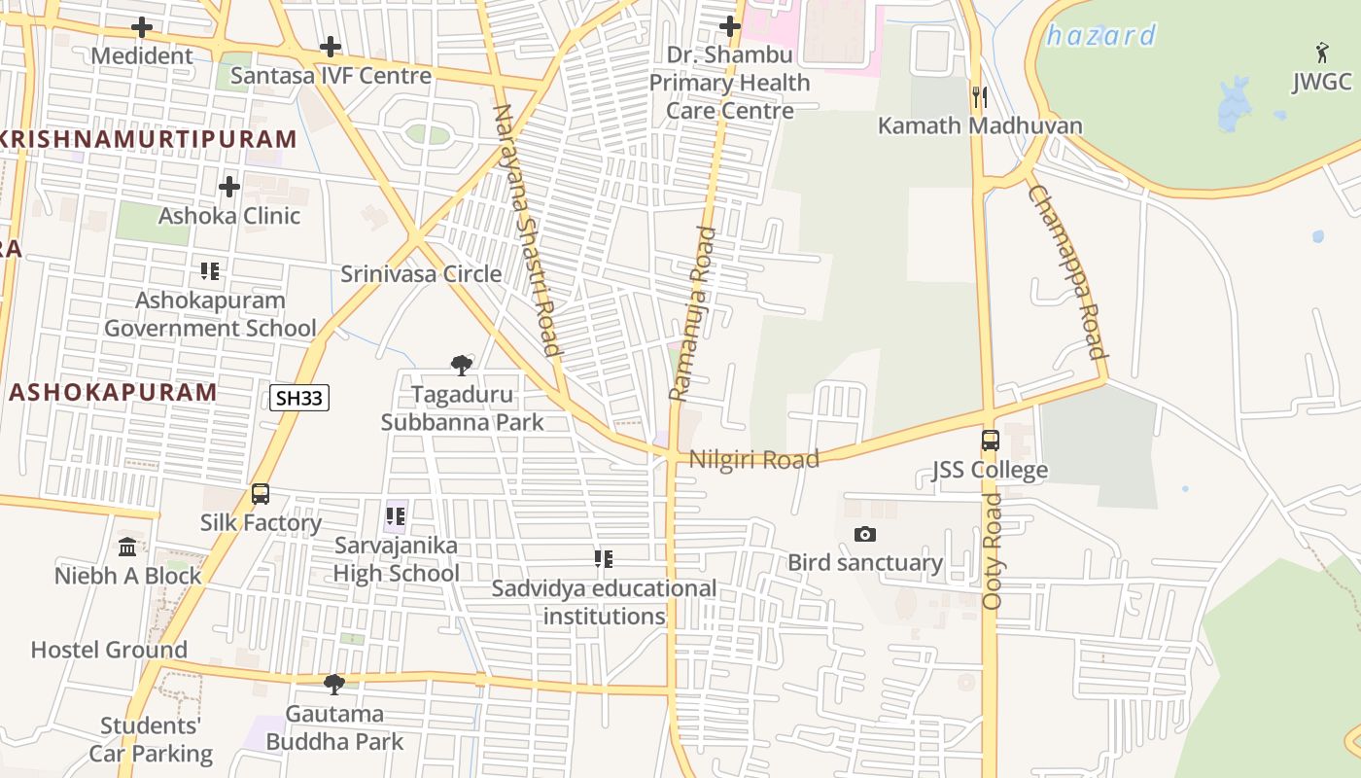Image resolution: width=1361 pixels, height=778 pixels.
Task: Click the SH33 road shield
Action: [x=299, y=397]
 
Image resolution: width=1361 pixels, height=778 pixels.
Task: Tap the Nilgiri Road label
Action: [x=753, y=459]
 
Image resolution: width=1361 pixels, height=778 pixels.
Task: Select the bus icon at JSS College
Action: [x=990, y=441]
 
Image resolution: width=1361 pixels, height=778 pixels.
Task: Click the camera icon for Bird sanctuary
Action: [x=864, y=534]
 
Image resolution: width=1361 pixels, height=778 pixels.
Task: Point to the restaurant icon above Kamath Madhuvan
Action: [x=980, y=96]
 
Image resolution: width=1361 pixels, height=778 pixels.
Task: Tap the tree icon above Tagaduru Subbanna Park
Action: [x=462, y=366]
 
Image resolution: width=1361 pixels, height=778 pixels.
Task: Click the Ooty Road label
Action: [x=992, y=550]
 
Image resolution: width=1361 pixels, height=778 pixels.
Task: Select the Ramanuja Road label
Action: [x=692, y=313]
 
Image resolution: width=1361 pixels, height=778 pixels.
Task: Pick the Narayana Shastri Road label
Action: [x=528, y=230]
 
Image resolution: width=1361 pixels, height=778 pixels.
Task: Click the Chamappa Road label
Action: [x=1067, y=271]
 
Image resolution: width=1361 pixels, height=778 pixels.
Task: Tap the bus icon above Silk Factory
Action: [x=261, y=493]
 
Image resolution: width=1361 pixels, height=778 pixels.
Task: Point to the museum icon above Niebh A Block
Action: [x=127, y=547]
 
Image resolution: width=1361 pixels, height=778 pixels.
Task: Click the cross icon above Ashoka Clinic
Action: [x=229, y=186]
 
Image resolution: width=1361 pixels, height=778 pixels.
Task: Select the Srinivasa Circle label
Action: [x=421, y=274]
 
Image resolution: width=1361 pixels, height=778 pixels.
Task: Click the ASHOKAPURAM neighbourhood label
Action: [x=113, y=392]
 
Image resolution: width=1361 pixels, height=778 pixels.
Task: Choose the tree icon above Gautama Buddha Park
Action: [x=334, y=685]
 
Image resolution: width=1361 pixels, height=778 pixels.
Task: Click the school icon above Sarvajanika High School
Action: [x=396, y=515]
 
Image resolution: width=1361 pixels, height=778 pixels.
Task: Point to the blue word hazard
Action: [x=1100, y=36]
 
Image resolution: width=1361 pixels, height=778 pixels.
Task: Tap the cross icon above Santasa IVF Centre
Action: [x=331, y=46]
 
